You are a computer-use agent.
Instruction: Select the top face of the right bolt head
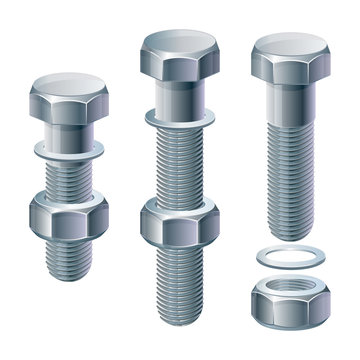pos(289,45)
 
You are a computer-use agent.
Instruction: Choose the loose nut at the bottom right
pos(289,300)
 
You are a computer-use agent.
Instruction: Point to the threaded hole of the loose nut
pos(290,284)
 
